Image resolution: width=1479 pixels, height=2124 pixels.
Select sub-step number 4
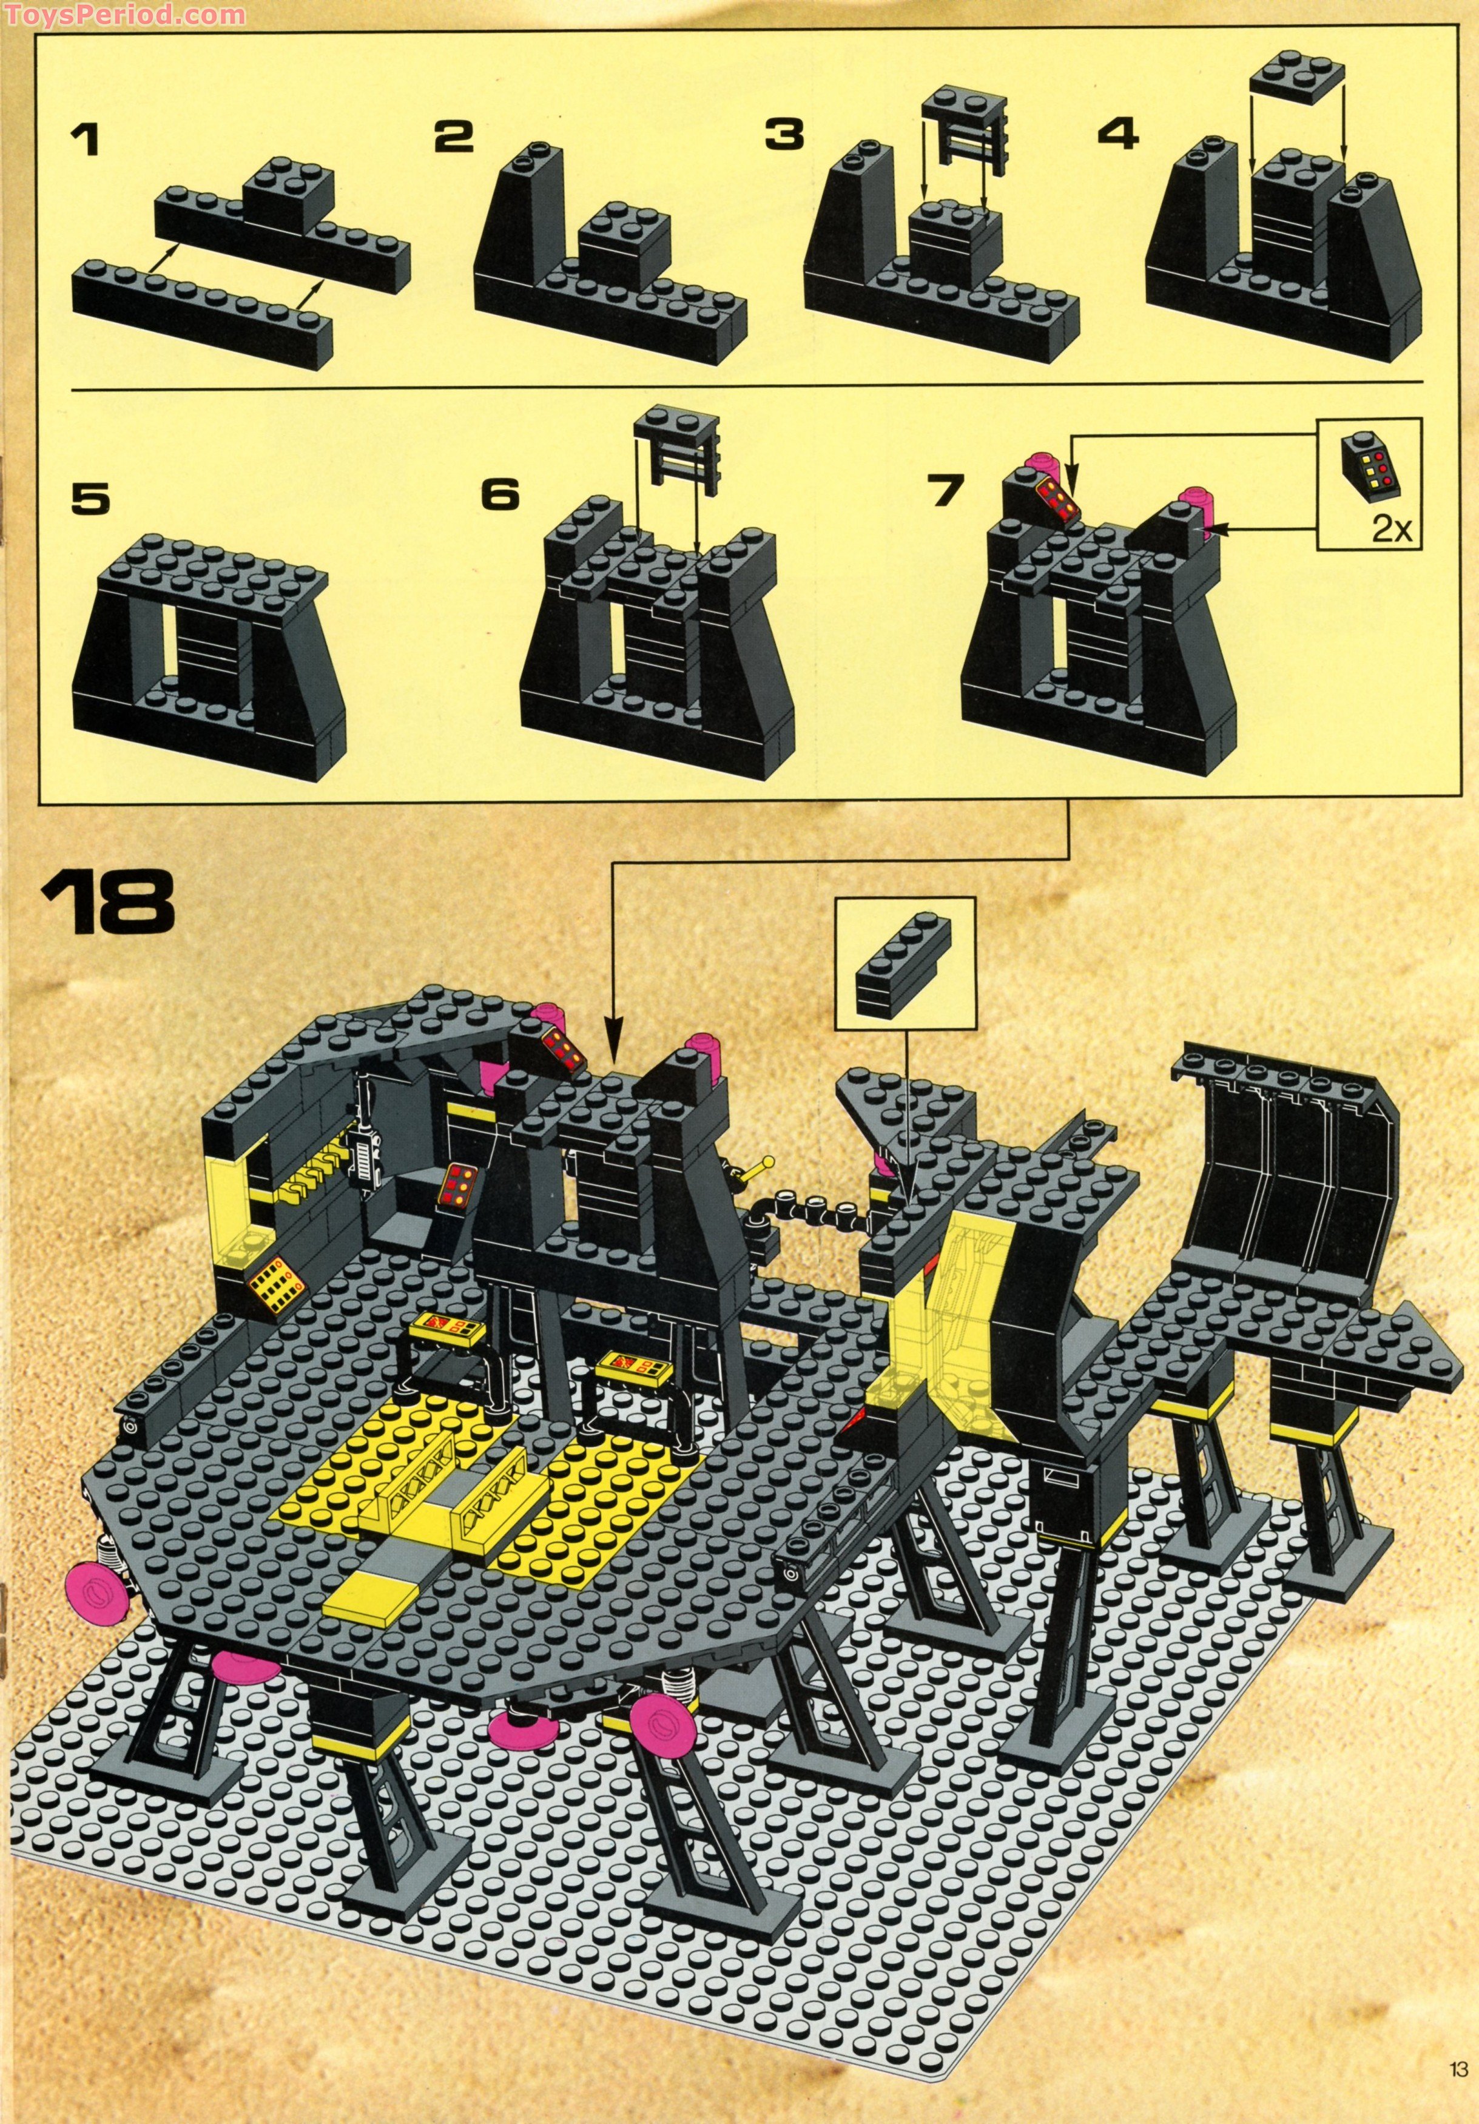coord(1117,136)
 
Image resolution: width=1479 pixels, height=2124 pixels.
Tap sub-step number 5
coord(90,499)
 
